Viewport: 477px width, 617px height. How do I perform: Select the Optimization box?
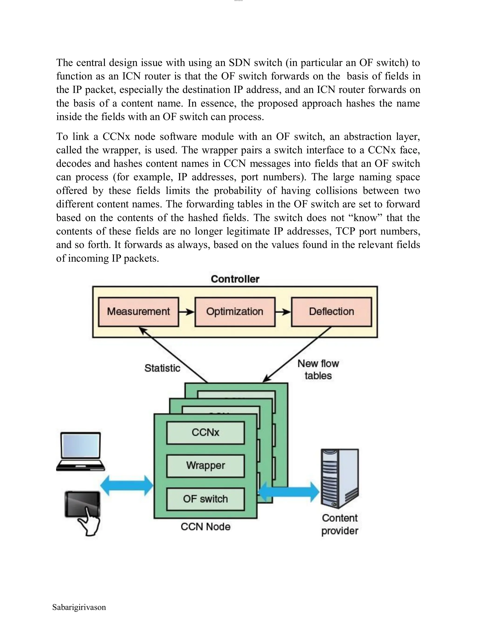coord(235,312)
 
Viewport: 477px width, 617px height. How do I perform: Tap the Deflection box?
coord(331,312)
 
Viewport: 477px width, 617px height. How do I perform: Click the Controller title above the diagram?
coord(235,279)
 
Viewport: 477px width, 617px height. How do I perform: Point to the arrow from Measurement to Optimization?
coord(187,312)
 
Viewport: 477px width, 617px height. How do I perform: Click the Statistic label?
coord(162,368)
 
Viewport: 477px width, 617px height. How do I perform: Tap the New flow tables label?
coord(318,370)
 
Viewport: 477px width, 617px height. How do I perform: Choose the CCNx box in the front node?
coord(205,433)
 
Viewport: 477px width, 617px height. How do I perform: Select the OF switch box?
coord(205,499)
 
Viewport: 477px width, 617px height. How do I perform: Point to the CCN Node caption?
coord(205,527)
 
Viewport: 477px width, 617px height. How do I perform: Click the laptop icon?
coord(81,451)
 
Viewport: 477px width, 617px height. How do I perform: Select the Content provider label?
coord(340,525)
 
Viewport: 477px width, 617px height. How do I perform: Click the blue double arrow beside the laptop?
coord(127,486)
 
